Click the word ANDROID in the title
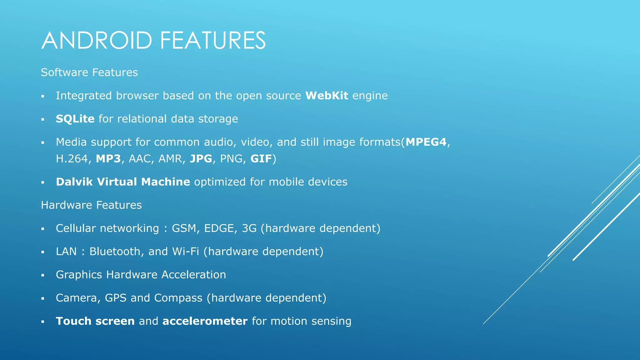[97, 40]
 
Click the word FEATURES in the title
[213, 40]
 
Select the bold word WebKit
[327, 96]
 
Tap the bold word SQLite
[75, 119]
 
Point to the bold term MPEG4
[426, 142]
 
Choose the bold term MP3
[108, 159]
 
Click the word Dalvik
[74, 182]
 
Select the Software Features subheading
[89, 72]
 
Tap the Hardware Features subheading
[91, 205]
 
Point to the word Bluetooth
[115, 252]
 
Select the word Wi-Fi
[186, 252]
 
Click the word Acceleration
[193, 275]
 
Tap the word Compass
[178, 298]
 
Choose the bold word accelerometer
[205, 321]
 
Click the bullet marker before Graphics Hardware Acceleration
[43, 275]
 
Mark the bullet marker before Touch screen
[43, 322]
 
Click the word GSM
[184, 228]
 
